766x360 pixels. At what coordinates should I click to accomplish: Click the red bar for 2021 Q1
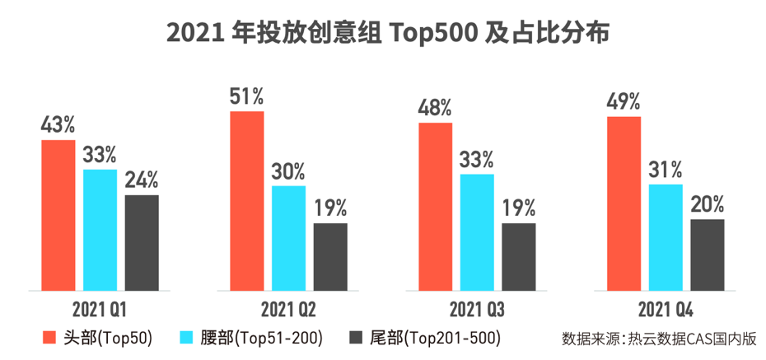[58, 215]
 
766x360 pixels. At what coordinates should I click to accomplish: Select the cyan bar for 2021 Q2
[288, 238]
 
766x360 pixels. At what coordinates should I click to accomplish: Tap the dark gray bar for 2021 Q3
[518, 256]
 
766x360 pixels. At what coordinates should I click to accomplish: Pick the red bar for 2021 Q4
[624, 203]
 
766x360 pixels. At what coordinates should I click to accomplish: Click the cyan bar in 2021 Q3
[477, 232]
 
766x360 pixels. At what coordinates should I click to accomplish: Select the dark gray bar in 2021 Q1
[142, 242]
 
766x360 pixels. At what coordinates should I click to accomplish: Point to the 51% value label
[247, 96]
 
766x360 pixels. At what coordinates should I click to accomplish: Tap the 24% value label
[142, 180]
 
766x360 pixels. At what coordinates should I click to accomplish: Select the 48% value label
[435, 108]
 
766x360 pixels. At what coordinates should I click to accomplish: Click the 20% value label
[707, 203]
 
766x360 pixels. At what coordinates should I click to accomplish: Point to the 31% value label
[666, 170]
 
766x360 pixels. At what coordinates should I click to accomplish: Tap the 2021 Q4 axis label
[665, 311]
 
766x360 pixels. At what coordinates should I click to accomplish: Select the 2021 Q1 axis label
[99, 311]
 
